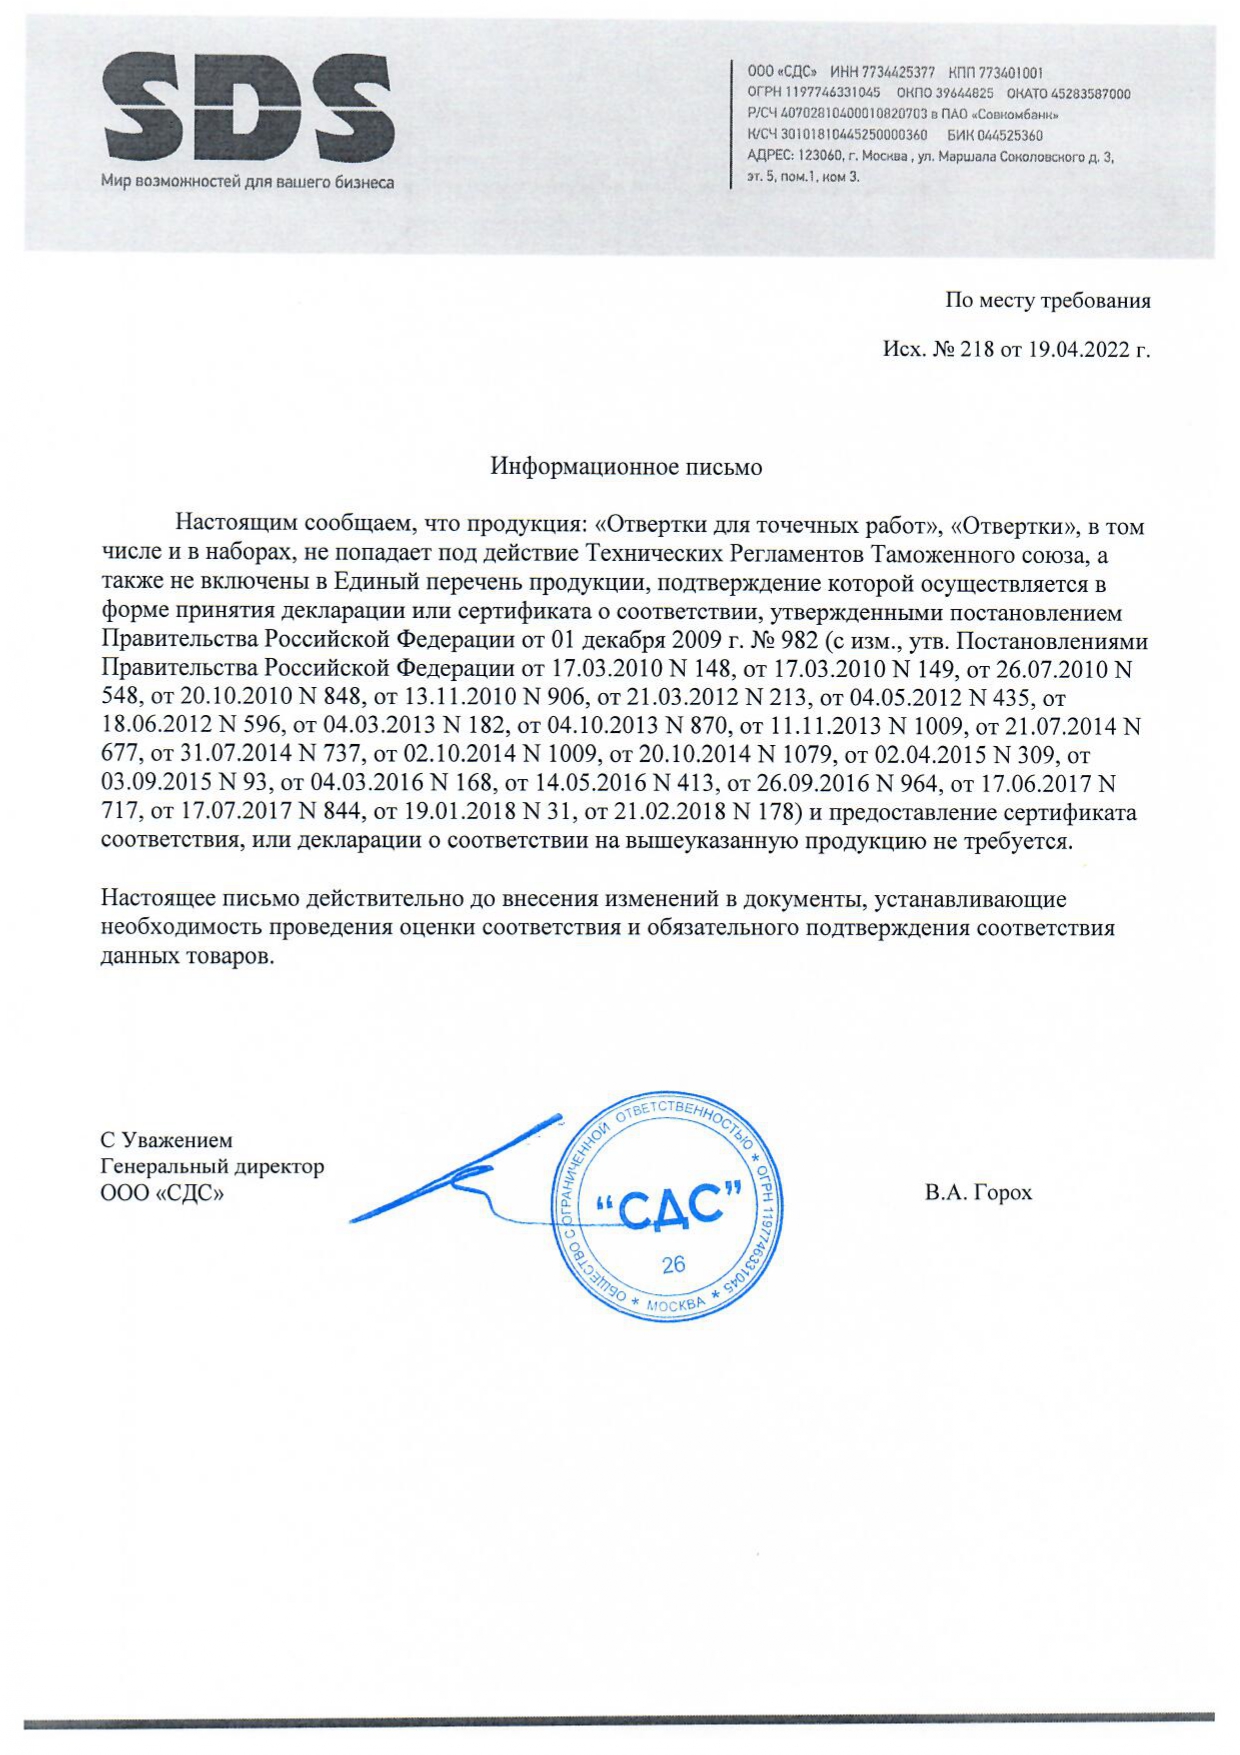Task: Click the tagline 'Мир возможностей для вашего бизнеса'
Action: [x=247, y=183]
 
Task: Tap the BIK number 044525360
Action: [x=1009, y=135]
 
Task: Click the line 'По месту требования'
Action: [x=1047, y=300]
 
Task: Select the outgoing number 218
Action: [x=977, y=350]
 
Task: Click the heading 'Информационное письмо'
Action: [x=626, y=467]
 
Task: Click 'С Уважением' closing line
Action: [x=166, y=1140]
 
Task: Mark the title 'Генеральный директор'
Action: [x=212, y=1166]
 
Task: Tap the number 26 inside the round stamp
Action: [x=673, y=1264]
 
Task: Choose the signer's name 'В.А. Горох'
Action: [x=978, y=1193]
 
